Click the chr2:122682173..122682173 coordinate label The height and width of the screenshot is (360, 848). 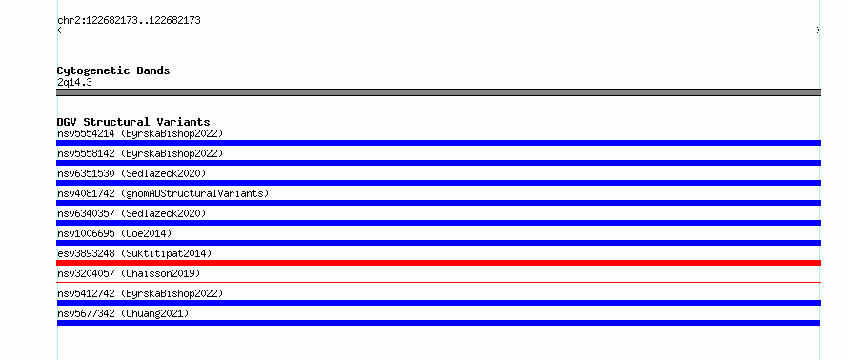click(x=129, y=21)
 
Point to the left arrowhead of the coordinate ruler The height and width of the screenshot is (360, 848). click(x=59, y=30)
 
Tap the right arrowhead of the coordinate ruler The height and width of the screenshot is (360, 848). click(x=818, y=30)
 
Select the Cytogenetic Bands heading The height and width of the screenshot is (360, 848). click(x=113, y=70)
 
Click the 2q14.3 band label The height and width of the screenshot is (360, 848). click(x=74, y=83)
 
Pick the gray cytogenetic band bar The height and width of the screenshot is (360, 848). click(x=438, y=92)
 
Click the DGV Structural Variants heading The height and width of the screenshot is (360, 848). click(x=133, y=122)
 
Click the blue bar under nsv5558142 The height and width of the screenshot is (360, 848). click(x=438, y=163)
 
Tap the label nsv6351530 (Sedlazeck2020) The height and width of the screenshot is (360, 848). click(x=131, y=173)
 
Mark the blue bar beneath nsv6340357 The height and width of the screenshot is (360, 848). click(x=438, y=223)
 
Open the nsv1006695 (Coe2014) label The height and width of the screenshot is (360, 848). click(x=114, y=233)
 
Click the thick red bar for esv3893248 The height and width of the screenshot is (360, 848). click(x=438, y=263)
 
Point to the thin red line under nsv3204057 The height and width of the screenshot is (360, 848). click(x=438, y=282)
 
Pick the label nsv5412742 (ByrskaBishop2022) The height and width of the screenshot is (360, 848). click(x=140, y=293)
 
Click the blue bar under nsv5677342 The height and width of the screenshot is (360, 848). click(x=438, y=323)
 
